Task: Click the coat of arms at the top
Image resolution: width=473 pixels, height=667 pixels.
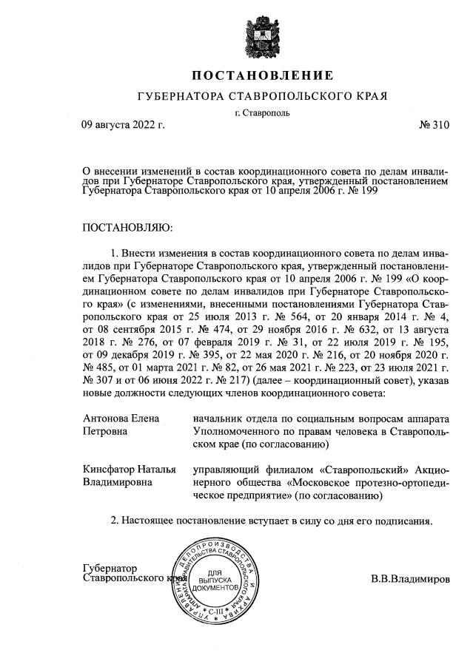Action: pyautogui.click(x=263, y=33)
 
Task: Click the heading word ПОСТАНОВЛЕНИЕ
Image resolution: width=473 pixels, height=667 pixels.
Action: pyautogui.click(x=263, y=75)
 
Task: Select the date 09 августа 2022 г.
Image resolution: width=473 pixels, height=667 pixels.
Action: pyautogui.click(x=123, y=126)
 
